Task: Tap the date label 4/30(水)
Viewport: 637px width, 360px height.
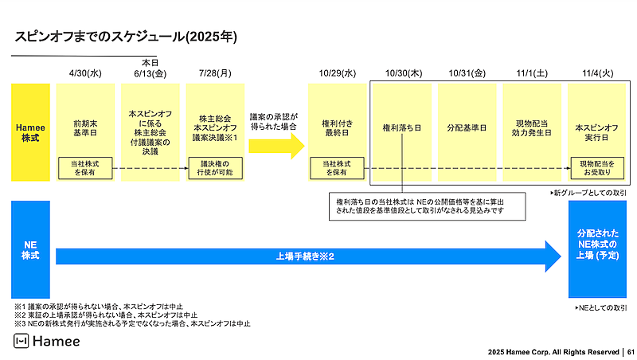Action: coord(86,74)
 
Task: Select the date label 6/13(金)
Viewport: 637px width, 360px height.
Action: coord(150,74)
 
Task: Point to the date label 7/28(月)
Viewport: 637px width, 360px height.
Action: coord(215,74)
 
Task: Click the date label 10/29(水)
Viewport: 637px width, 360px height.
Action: coord(338,74)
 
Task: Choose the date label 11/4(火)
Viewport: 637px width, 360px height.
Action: coord(596,74)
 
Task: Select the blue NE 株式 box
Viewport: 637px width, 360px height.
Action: coord(29,248)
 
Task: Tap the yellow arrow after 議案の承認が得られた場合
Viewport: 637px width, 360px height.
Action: coord(276,146)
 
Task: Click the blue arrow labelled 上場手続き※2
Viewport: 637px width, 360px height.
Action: coord(307,256)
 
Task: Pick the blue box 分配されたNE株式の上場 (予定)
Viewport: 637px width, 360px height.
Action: coord(596,248)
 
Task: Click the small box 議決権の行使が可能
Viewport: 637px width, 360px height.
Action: coord(215,168)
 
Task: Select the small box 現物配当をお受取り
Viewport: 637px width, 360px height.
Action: coord(596,168)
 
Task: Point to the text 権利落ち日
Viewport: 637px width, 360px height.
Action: coord(402,127)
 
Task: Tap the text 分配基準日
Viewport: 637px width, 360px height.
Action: coord(467,127)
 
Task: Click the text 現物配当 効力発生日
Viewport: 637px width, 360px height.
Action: coord(531,127)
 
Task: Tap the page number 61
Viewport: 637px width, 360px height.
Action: coord(629,351)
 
